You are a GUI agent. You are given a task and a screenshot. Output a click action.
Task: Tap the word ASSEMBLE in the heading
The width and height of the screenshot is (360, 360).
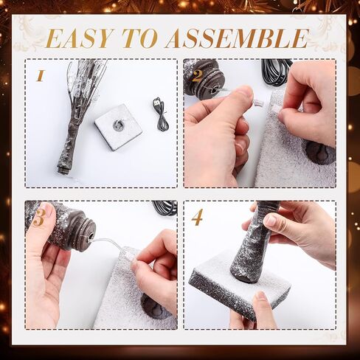pos(237,38)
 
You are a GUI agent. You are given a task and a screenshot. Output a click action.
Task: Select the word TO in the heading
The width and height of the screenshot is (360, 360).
pos(139,38)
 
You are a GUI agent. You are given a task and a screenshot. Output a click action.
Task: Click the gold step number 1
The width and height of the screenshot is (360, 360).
pos(40,75)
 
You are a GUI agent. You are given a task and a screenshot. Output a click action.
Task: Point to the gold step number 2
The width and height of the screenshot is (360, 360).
pos(196,76)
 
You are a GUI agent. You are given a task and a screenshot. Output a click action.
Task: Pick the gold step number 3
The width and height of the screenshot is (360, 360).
pos(39,217)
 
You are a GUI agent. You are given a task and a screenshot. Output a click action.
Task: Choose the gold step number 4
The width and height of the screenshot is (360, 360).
pos(198,217)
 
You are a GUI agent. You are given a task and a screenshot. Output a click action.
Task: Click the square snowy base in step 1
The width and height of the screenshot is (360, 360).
pos(118,127)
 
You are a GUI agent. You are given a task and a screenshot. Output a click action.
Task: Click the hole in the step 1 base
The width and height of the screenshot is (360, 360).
pos(118,125)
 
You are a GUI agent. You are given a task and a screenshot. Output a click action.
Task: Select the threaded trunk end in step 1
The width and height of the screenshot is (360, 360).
pos(61,170)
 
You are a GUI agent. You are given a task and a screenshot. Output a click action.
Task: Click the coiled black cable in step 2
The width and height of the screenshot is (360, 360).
pos(275,72)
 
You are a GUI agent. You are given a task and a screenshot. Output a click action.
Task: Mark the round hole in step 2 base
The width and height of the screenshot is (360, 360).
pos(319,153)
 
